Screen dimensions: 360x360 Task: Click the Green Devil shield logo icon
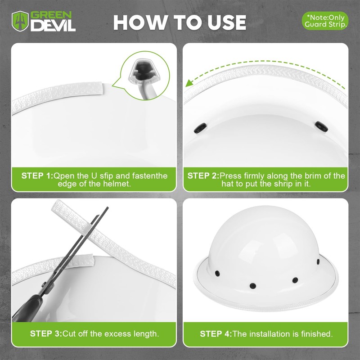[20, 21]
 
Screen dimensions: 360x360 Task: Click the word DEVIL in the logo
[53, 25]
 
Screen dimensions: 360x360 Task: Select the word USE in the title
[227, 22]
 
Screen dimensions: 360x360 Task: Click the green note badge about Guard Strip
[325, 21]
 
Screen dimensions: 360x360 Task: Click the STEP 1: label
[37, 176]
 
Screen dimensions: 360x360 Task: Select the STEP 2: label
[203, 176]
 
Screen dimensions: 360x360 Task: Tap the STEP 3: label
[46, 333]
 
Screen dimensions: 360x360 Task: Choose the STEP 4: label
[216, 333]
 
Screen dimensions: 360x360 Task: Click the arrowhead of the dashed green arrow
[189, 83]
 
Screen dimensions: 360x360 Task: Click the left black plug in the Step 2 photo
[200, 128]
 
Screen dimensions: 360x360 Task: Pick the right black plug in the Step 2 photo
[321, 126]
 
